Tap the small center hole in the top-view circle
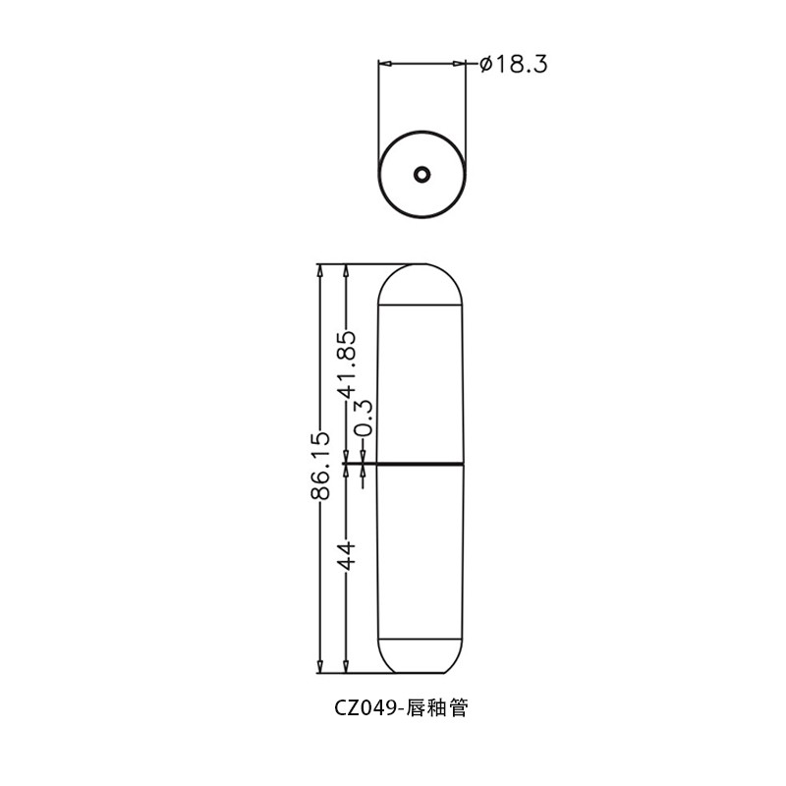point(421,175)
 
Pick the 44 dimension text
point(346,555)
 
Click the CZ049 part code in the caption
point(365,707)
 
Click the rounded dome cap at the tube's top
point(421,285)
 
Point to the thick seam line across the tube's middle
point(421,462)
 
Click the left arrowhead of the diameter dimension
point(384,64)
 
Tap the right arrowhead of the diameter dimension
point(460,64)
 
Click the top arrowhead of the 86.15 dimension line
point(320,269)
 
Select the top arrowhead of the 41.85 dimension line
point(346,269)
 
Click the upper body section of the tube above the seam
point(421,383)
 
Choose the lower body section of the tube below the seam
point(421,550)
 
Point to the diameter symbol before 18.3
point(484,65)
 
